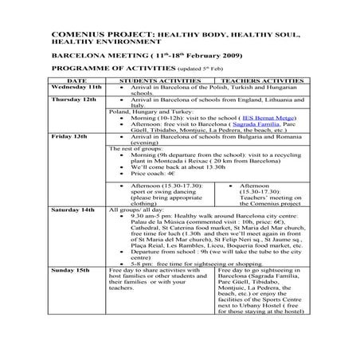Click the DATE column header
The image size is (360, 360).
[x=77, y=81]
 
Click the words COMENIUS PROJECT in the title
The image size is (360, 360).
[x=90, y=37]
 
